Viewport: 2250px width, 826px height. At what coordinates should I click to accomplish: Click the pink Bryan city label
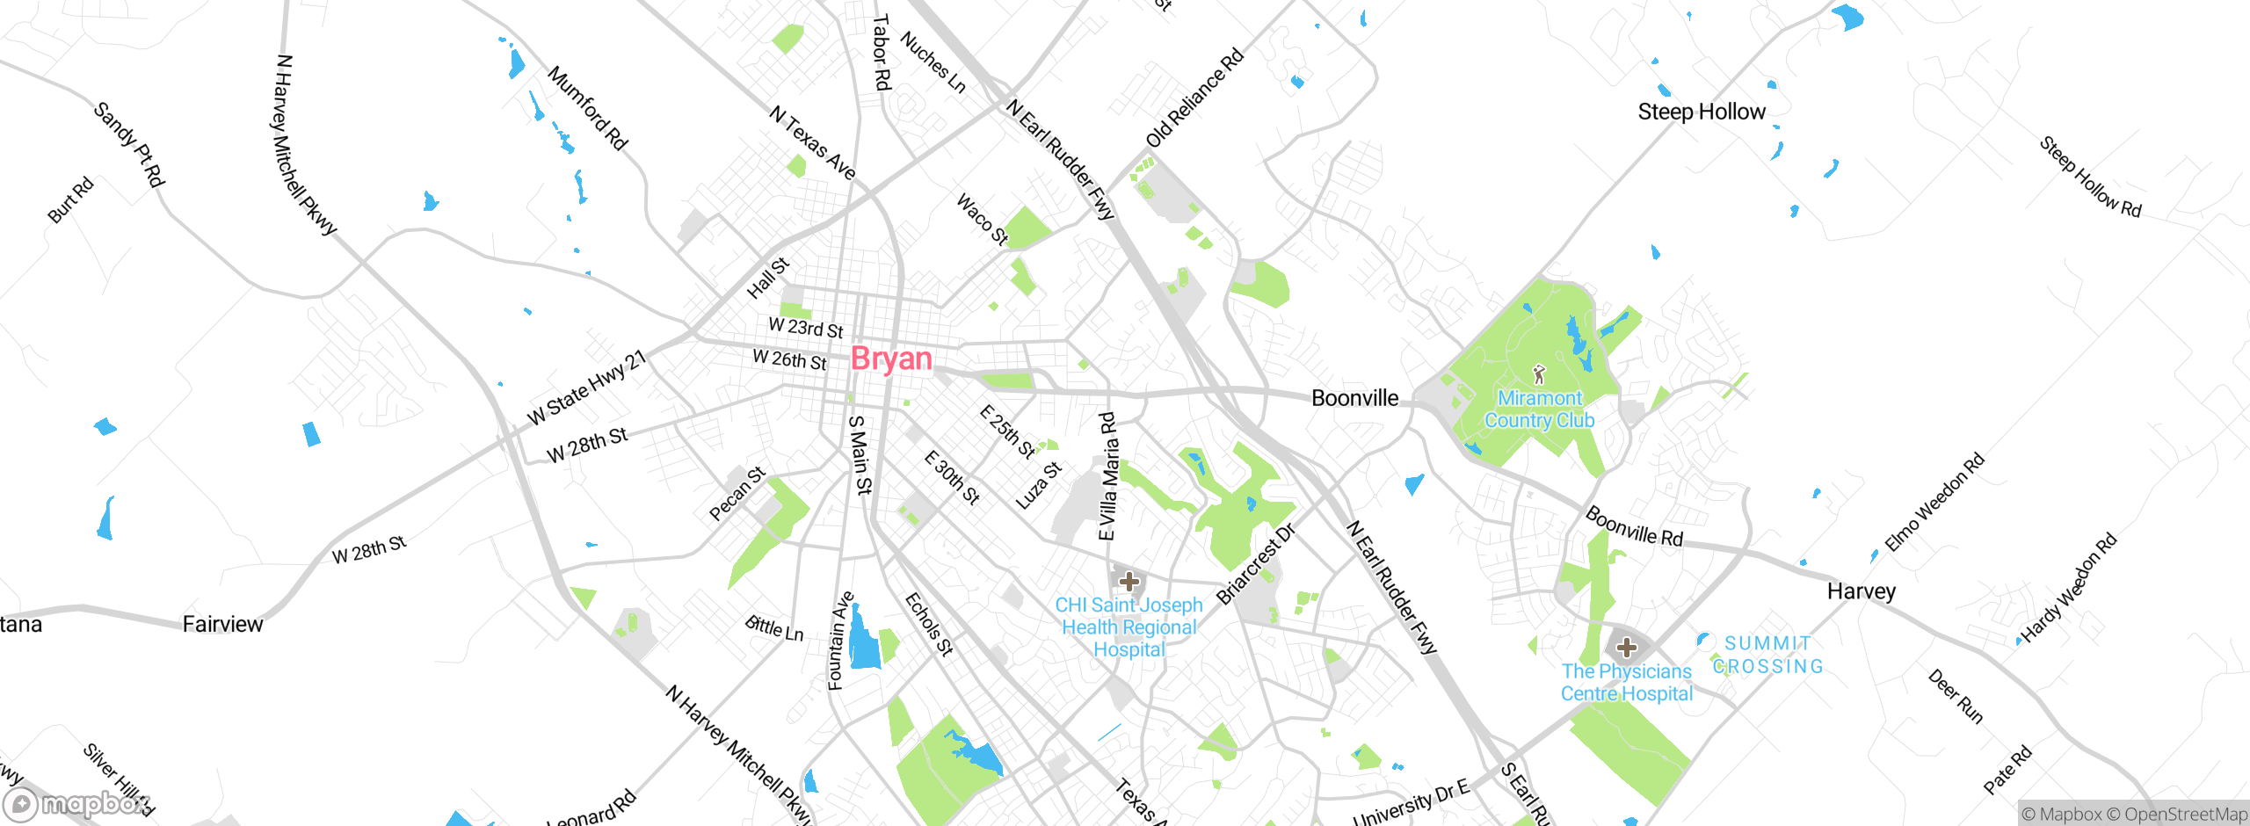click(891, 359)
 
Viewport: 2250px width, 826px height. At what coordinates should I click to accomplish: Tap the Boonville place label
click(1354, 398)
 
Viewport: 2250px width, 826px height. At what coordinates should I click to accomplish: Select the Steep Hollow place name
click(1701, 112)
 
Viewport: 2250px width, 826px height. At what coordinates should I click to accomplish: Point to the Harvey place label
click(1861, 591)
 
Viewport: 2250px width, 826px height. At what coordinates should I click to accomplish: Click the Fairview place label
click(222, 624)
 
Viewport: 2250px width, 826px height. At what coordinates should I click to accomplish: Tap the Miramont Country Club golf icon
click(1538, 375)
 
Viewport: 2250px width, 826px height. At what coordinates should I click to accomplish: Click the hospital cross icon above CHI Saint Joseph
click(1129, 581)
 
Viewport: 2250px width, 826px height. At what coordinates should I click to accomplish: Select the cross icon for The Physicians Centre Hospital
click(1626, 648)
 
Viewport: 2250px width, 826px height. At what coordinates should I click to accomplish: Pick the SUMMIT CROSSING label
click(1767, 655)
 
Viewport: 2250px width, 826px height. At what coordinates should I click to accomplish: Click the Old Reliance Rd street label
click(1195, 98)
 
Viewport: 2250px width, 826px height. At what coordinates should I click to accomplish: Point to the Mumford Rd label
click(587, 108)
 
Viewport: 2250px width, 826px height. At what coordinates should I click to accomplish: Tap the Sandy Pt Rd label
click(129, 144)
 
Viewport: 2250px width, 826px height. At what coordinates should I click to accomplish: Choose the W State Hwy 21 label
click(586, 388)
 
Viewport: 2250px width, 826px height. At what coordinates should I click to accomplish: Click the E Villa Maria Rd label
click(1107, 476)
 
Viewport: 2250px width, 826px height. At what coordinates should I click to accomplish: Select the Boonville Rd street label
click(1634, 526)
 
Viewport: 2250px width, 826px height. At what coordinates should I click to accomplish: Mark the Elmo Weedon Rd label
click(1934, 502)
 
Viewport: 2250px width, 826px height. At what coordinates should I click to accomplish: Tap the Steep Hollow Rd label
click(2090, 177)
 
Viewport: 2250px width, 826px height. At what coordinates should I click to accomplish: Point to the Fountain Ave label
click(840, 641)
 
